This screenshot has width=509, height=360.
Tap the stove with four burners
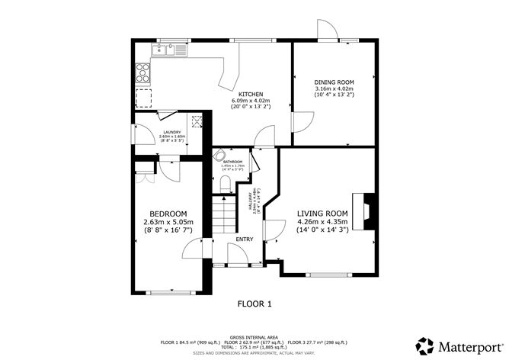point(142,72)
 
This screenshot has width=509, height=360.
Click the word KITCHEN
point(251,94)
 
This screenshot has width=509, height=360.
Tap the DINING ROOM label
point(335,82)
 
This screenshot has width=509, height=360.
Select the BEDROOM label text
point(168,214)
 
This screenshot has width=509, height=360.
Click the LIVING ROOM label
point(322,213)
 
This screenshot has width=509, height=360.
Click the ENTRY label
point(245,239)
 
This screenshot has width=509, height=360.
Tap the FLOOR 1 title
point(254,304)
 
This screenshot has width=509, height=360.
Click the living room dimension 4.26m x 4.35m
point(322,222)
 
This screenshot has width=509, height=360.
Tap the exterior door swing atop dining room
point(326,28)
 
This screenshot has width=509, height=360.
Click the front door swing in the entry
point(238,255)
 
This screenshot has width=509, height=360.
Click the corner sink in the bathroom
point(219,153)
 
